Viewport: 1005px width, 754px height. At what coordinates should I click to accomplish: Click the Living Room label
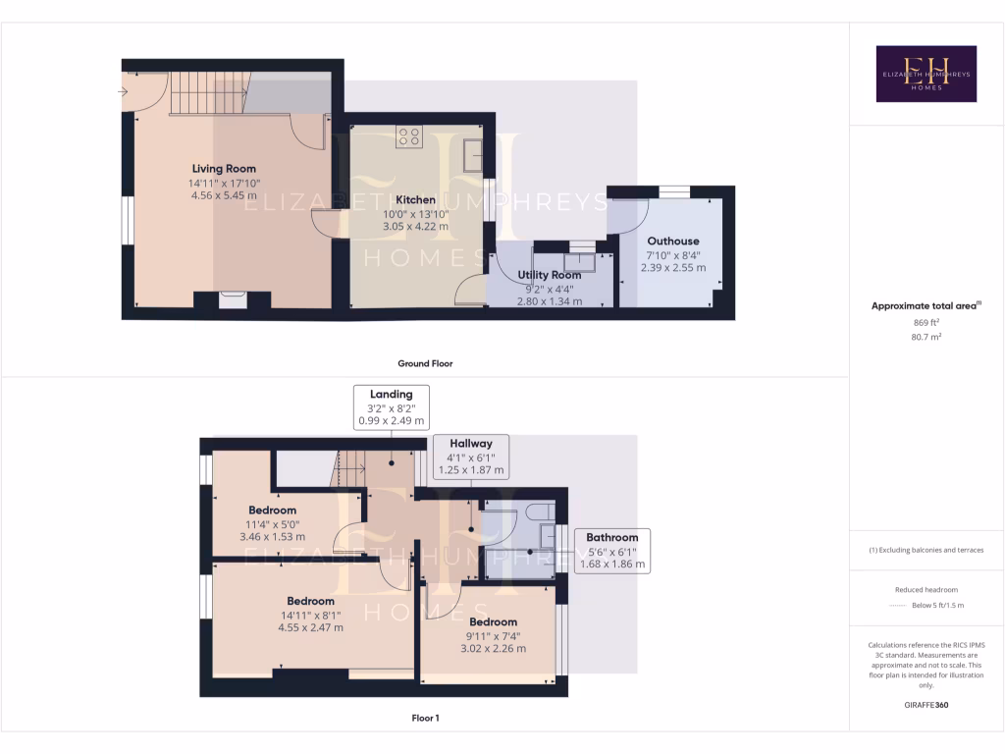[224, 169]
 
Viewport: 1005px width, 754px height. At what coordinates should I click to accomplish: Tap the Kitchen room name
[415, 199]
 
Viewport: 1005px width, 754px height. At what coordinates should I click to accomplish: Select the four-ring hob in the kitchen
[409, 137]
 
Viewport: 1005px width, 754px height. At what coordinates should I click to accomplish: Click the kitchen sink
[473, 154]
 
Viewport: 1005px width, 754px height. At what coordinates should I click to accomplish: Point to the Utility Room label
[550, 275]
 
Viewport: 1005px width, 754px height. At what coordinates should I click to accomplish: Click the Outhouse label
[673, 241]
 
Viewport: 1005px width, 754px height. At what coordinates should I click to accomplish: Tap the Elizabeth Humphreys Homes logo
[926, 74]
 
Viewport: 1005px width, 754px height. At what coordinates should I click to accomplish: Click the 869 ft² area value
[926, 322]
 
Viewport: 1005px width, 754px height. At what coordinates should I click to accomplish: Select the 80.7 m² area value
[926, 337]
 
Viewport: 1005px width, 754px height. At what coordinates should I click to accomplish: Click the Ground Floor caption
[425, 363]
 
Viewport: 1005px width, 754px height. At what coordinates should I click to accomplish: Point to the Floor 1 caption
[425, 718]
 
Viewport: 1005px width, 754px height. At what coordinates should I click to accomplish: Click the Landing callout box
[391, 407]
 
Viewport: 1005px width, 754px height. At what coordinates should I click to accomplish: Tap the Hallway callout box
[472, 457]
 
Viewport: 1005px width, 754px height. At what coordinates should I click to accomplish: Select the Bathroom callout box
[611, 551]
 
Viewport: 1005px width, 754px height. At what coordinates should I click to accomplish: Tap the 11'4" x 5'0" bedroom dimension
[272, 524]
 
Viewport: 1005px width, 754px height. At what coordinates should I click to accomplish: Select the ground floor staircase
[208, 91]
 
